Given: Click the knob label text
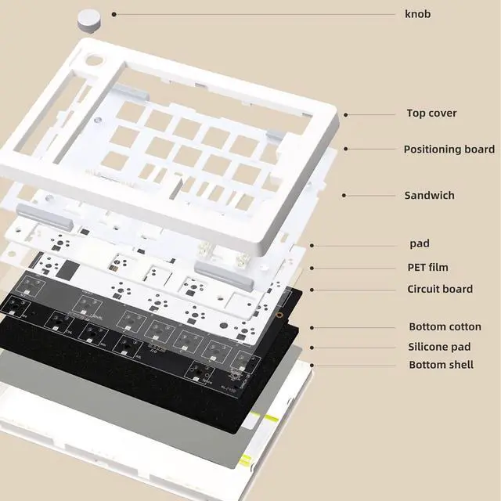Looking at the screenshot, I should pos(417,14).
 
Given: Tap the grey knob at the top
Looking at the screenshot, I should pos(92,18).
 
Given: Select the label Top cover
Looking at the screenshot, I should pos(431,114).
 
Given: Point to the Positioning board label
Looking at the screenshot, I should pos(449,149).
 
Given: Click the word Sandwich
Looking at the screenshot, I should pos(429,195).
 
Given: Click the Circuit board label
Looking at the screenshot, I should pos(439,289).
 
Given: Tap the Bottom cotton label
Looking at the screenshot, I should pos(445,327).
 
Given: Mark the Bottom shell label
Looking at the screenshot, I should pos(441,365).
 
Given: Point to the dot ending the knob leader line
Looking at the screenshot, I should pos(114,14).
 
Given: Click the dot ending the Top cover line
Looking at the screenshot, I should pos(345,114).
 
